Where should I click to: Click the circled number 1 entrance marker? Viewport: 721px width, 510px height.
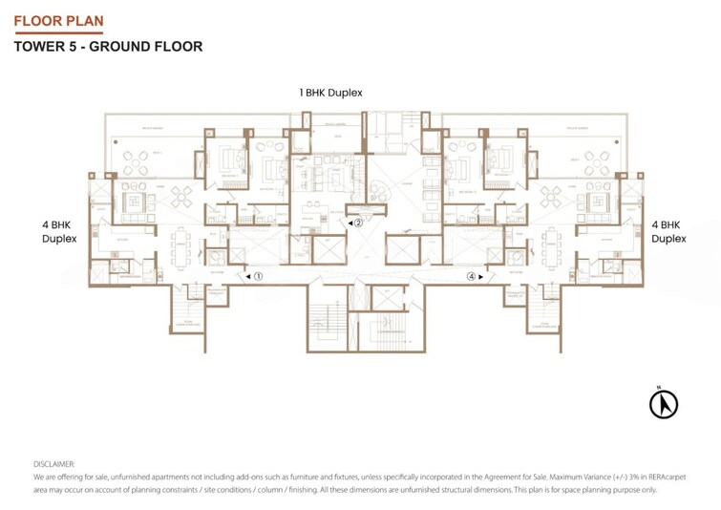[x=257, y=276]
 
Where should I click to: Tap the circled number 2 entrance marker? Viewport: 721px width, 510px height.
[x=359, y=223]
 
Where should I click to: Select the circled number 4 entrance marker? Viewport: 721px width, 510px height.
[x=471, y=276]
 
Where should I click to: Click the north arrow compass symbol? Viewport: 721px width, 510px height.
[x=663, y=404]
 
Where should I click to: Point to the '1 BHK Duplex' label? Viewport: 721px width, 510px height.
[x=330, y=93]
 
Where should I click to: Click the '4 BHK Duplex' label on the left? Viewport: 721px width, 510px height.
[x=58, y=232]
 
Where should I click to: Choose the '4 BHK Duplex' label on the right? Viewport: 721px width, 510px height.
[x=668, y=232]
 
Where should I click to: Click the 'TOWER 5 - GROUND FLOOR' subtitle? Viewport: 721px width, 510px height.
[x=109, y=46]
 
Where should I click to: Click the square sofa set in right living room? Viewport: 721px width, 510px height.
[x=602, y=201]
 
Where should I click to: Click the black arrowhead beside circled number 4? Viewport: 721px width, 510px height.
[x=481, y=276]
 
